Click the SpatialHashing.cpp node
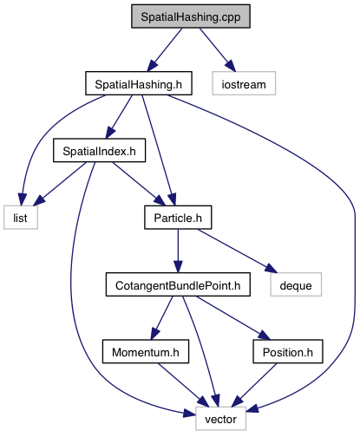pos(191,16)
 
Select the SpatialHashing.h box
pos(139,83)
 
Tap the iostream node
pos(244,83)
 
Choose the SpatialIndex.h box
pos(99,150)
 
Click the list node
pos(21,218)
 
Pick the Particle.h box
pos(178,218)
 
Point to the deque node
pos(296,284)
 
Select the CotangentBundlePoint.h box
pos(178,284)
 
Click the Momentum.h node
pos(146,351)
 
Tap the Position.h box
pos(288,351)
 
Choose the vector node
pos(220,419)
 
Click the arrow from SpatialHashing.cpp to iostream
pos(218,49)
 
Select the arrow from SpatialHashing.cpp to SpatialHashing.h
pos(165,49)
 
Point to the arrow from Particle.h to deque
pos(237,251)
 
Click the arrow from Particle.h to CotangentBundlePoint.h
pos(178,251)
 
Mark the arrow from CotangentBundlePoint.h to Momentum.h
pos(161,318)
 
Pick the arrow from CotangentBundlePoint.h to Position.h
pos(232,318)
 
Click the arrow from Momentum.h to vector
pos(183,385)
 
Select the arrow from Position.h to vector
pos(254,385)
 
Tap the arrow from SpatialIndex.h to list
pos(62,184)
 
